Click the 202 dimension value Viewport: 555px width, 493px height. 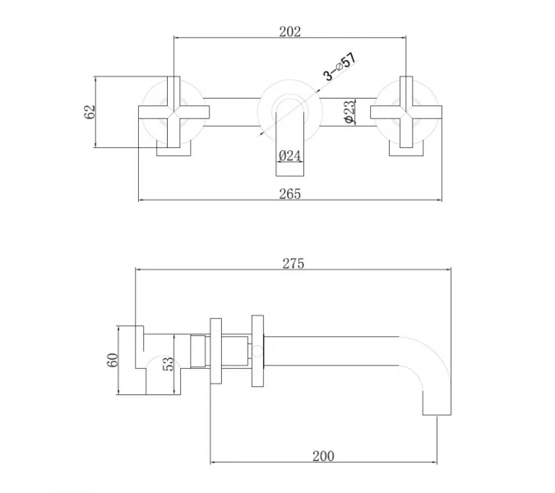(290, 32)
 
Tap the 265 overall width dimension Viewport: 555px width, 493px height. (290, 194)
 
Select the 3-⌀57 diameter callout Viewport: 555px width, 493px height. (340, 67)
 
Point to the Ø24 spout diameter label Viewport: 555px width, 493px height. (289, 155)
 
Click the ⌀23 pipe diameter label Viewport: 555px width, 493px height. (349, 112)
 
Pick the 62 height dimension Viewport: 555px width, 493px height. (90, 112)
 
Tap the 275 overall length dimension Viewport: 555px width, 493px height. (293, 264)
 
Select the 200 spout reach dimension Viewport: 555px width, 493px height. (323, 456)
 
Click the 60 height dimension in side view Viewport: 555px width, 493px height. (112, 360)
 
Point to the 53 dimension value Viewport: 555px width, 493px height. (168, 363)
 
